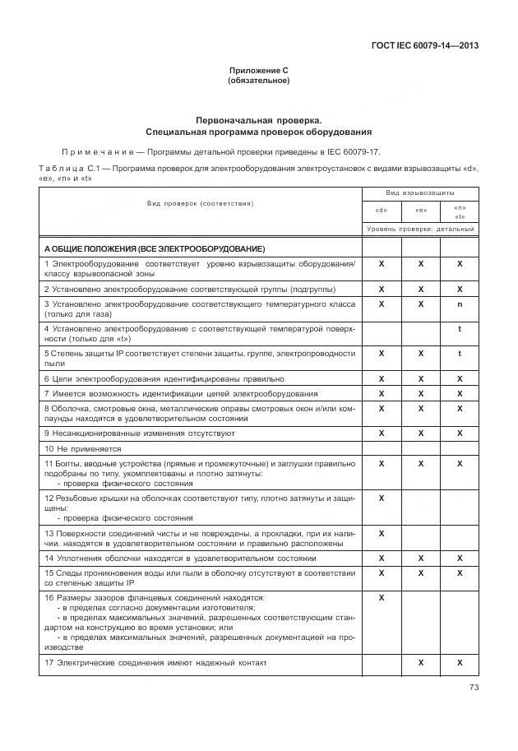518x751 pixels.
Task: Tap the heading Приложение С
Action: pyautogui.click(x=258, y=71)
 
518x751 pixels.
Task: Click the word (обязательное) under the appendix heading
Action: pyautogui.click(x=258, y=81)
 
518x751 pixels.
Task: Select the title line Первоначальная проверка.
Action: pyautogui.click(x=258, y=120)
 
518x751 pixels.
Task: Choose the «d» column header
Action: pyautogui.click(x=382, y=210)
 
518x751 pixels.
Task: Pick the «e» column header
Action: pyautogui.click(x=420, y=210)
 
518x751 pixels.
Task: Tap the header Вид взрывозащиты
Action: pyautogui.click(x=420, y=192)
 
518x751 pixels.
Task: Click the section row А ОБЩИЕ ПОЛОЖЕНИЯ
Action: pyautogui.click(x=155, y=248)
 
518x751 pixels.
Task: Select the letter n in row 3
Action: pyautogui.click(x=460, y=304)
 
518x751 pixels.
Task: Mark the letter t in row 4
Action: pyautogui.click(x=460, y=328)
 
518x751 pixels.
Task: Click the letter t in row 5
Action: pyautogui.click(x=460, y=353)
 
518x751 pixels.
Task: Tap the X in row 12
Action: pyautogui.click(x=382, y=498)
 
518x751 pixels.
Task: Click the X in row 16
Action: pyautogui.click(x=382, y=597)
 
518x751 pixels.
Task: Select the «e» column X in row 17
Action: pyautogui.click(x=420, y=662)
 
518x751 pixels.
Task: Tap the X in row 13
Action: pyautogui.click(x=382, y=533)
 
